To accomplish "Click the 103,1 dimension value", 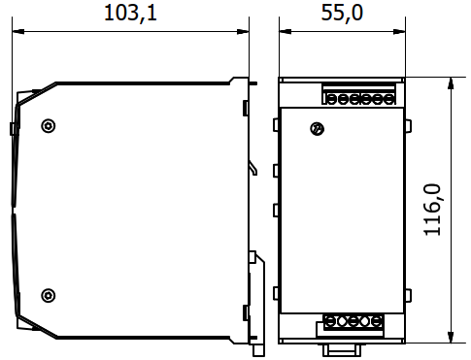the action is coord(130,14).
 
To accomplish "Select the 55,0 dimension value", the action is coord(342,14).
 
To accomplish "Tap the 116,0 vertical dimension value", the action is coord(432,210).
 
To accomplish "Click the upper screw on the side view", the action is coord(49,125).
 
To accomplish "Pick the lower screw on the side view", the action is coord(49,295).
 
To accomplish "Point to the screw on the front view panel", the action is coord(318,129).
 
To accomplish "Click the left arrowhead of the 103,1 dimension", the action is coord(17,32).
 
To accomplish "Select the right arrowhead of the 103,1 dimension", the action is coord(243,32).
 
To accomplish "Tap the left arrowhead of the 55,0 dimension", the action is coord(286,32).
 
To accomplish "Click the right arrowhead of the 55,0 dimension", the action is coord(399,32).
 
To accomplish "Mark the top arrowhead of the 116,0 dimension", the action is coord(451,83).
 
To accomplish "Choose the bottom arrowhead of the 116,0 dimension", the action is coord(451,337).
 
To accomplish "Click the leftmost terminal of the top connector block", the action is coord(331,99).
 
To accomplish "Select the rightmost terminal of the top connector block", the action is coord(388,99).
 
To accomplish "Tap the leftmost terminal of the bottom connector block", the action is coord(330,322).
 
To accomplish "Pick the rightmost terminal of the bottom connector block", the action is coord(377,322).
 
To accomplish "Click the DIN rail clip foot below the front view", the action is coord(342,350).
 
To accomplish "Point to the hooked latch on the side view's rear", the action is coord(253,168).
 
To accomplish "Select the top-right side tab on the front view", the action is coord(408,125).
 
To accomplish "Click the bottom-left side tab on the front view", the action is coord(276,293).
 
